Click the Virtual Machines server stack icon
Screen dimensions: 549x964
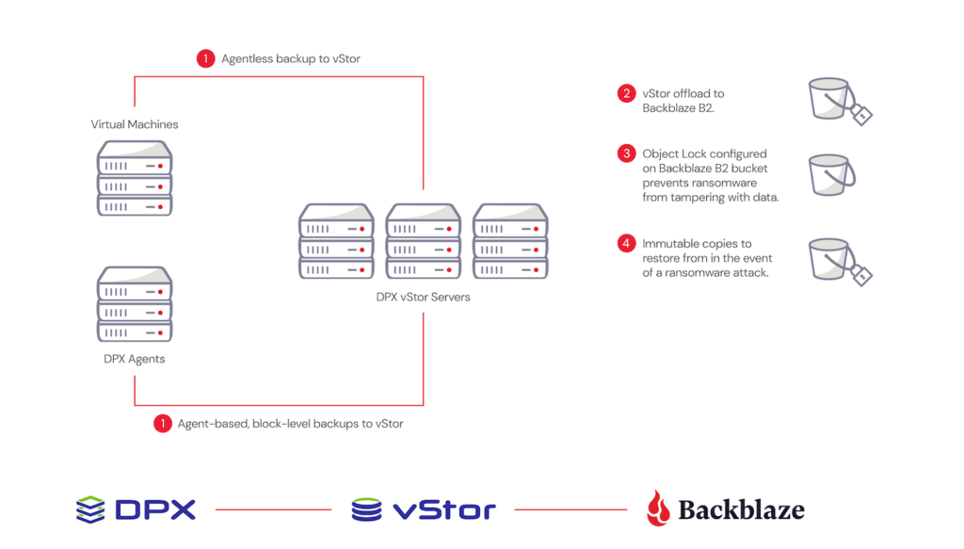[135, 178]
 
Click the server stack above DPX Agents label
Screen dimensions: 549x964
[135, 305]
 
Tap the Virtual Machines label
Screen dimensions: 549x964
[135, 124]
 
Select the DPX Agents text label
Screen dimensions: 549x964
[135, 359]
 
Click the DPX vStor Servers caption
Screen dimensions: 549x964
[423, 297]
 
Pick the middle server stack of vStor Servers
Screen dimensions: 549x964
[423, 241]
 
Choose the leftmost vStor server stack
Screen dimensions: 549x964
[336, 241]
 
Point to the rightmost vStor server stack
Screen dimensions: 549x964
[509, 241]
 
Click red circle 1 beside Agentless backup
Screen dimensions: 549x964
[206, 58]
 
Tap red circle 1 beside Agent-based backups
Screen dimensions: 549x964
[163, 424]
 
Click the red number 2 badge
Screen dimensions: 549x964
[627, 93]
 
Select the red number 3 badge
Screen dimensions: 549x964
[627, 153]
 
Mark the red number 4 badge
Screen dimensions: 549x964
[627, 244]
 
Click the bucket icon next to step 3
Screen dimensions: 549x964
[830, 175]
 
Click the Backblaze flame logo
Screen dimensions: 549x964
[658, 509]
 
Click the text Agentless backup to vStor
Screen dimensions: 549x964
[291, 58]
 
